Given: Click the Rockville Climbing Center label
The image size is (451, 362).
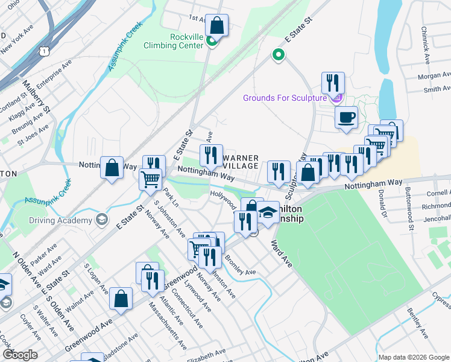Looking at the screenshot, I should (x=178, y=41).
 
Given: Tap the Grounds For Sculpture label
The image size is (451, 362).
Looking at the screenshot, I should (x=285, y=98).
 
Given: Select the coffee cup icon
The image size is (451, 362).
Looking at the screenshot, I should (x=346, y=118).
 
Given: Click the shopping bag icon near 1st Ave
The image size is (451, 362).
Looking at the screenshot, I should (x=217, y=26).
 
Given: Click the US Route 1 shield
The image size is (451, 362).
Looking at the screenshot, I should (x=45, y=52).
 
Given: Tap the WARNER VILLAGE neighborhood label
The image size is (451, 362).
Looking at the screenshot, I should (x=241, y=162).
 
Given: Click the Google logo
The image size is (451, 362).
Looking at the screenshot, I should (x=20, y=355).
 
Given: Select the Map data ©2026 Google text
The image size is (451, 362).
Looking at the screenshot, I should (x=413, y=357).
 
